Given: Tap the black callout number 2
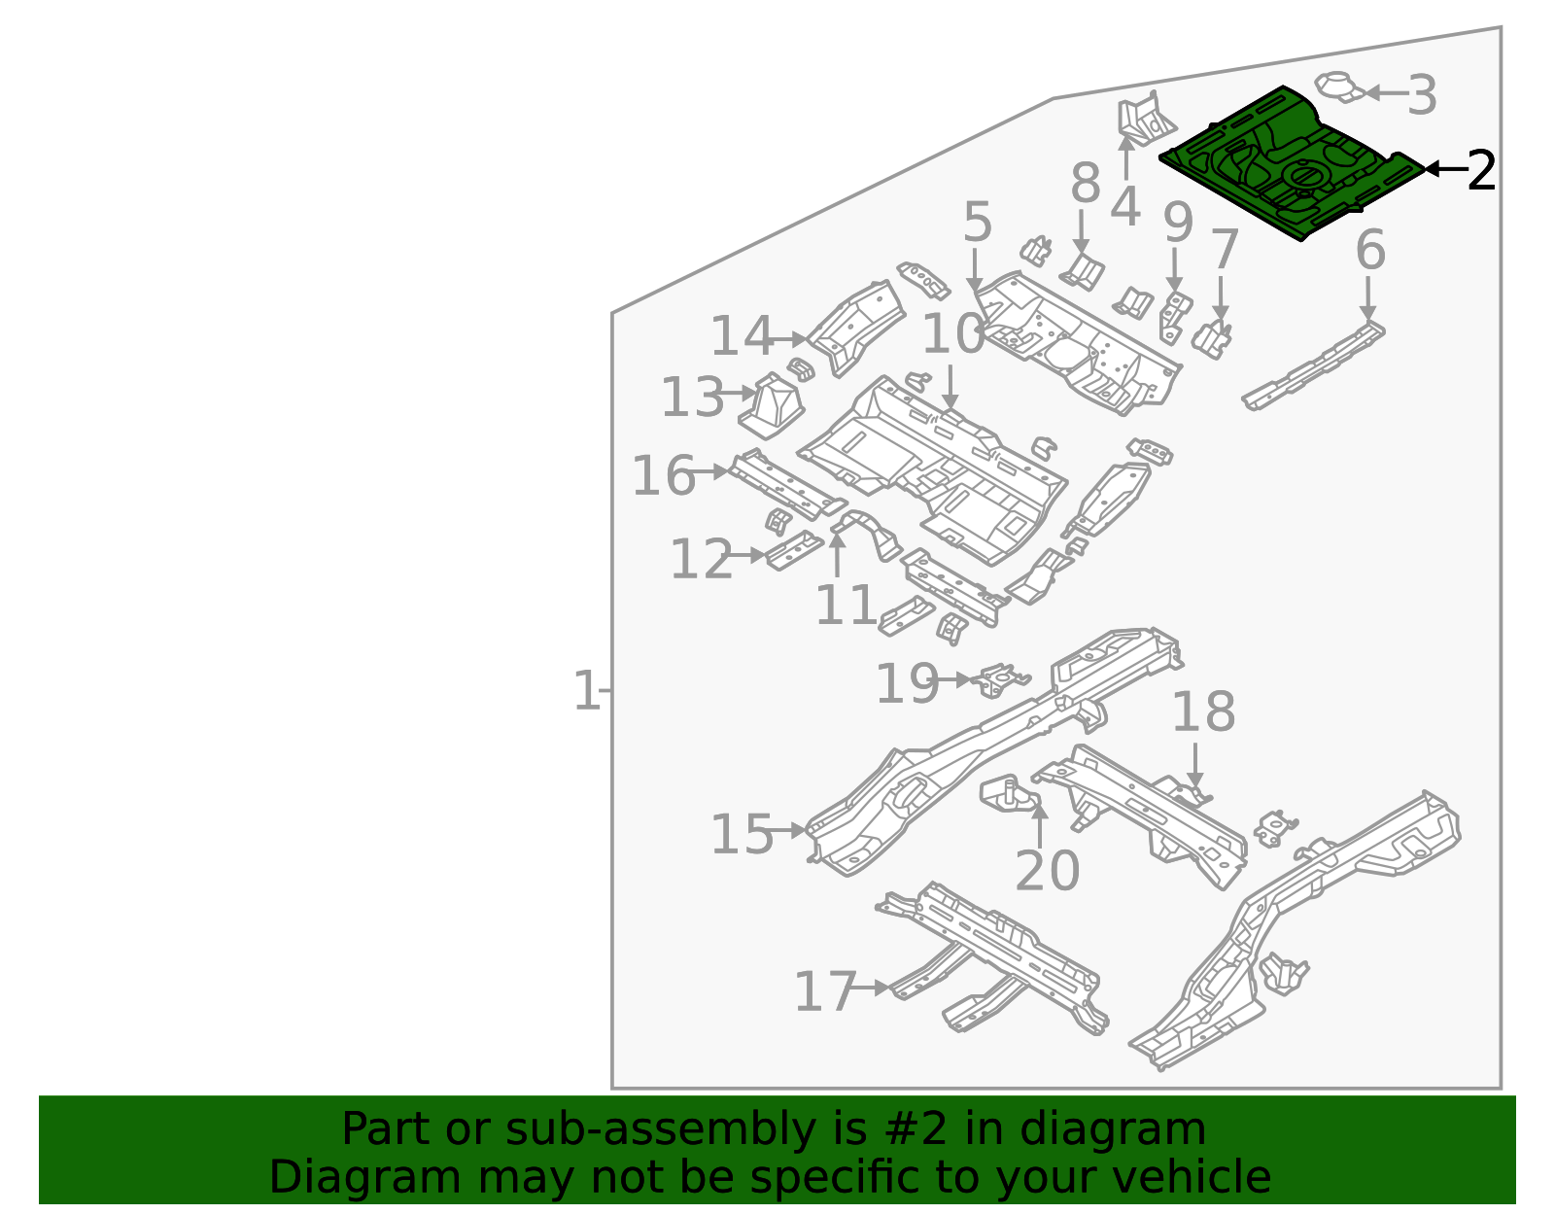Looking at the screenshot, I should click(x=1480, y=171).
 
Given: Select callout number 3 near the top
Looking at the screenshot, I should click(x=1422, y=95).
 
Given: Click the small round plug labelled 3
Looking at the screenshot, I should click(x=1339, y=86).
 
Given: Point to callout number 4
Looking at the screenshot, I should click(x=1124, y=206).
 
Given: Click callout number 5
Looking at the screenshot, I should click(x=978, y=223).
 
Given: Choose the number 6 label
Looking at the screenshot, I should click(x=1370, y=251).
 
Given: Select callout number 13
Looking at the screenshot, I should click(x=692, y=398).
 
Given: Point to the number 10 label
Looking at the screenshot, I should click(x=952, y=334).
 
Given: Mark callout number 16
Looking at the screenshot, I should click(x=664, y=475).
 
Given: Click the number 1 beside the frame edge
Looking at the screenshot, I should click(x=586, y=692).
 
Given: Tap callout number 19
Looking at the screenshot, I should click(x=907, y=683).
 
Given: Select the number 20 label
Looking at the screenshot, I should click(x=1047, y=870).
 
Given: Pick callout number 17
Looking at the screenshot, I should click(x=825, y=992).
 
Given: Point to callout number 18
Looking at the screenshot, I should click(x=1202, y=712).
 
